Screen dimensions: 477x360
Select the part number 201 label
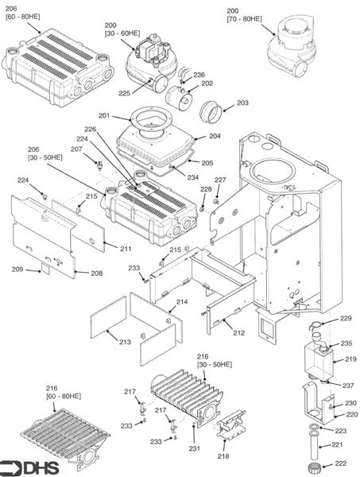click(x=128, y=117)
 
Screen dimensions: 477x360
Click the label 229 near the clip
click(x=346, y=318)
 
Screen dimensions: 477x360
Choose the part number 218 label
click(x=223, y=456)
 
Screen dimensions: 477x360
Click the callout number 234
click(x=193, y=177)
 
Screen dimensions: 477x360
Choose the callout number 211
click(x=126, y=249)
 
